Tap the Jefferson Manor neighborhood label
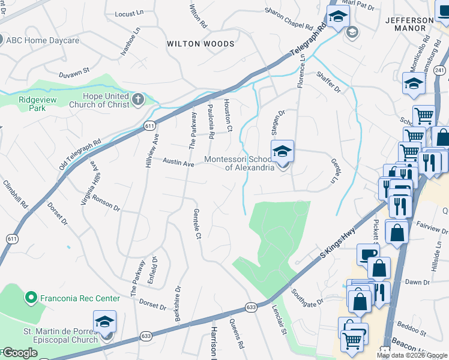coord(409,24)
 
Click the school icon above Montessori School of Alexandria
coord(282,152)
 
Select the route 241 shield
coord(440,70)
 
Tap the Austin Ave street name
coord(179,163)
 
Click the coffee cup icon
coord(368,254)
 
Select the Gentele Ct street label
coord(196,223)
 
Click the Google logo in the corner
coord(19,353)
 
